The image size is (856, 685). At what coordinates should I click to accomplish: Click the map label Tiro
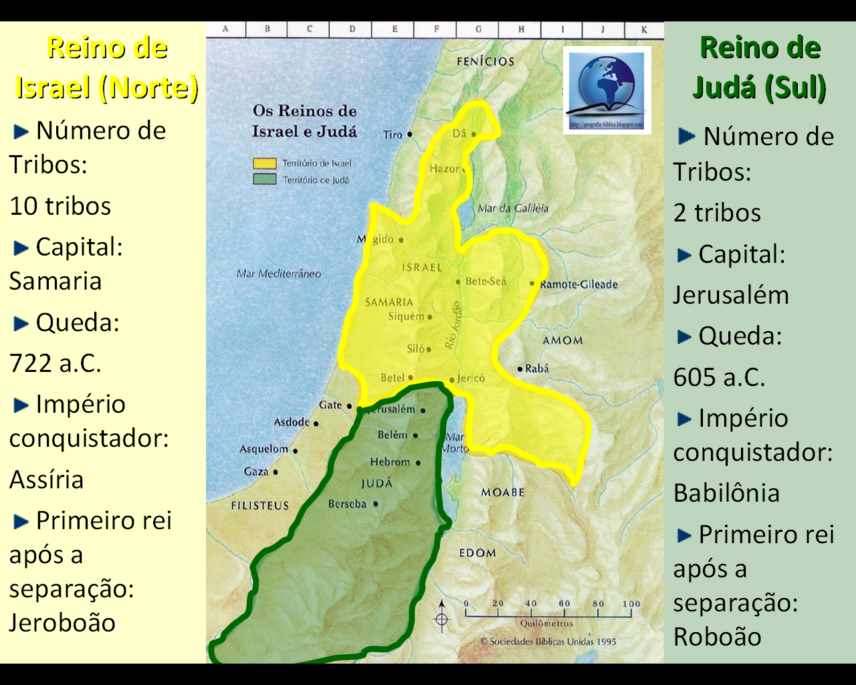click(x=393, y=134)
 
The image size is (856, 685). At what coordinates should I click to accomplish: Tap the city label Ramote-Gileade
click(x=578, y=284)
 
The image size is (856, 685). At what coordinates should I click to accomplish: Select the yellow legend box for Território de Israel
click(x=264, y=163)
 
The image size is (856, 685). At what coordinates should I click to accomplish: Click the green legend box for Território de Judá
click(x=264, y=179)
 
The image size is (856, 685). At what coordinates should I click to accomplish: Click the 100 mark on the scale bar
click(x=631, y=603)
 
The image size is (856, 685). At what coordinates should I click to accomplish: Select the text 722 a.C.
click(x=56, y=363)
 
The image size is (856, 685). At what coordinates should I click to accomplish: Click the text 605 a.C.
click(x=719, y=377)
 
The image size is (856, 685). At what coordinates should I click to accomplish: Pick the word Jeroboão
click(x=62, y=622)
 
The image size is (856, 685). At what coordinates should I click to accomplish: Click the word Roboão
click(x=717, y=637)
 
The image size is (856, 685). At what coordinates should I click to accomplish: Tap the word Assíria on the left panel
click(x=47, y=480)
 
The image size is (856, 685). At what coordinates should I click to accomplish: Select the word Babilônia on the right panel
click(x=726, y=493)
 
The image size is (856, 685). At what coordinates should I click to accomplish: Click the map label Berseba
click(x=347, y=504)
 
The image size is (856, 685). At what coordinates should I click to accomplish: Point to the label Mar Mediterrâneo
click(x=278, y=274)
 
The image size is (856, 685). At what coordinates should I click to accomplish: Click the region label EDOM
click(x=477, y=553)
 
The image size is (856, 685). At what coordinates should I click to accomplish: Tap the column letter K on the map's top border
click(x=644, y=29)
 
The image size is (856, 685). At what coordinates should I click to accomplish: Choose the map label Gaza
click(x=256, y=472)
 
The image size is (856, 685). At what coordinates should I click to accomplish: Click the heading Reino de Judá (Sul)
click(x=760, y=67)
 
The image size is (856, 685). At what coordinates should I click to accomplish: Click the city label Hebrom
click(x=390, y=462)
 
